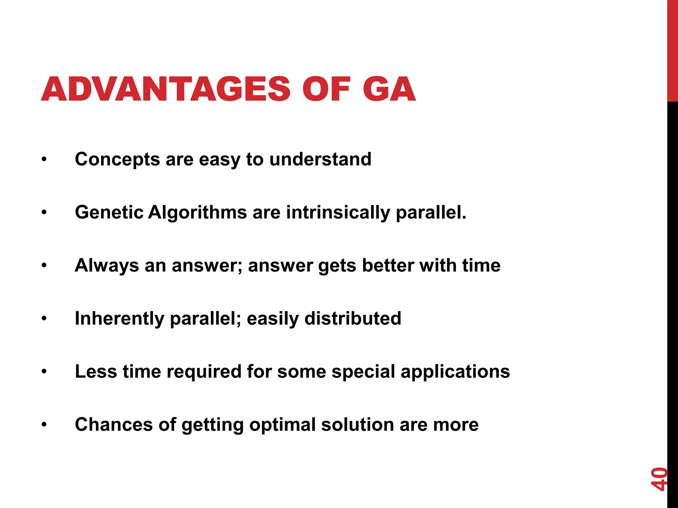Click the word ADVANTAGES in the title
coord(166,89)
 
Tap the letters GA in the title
coord(389,89)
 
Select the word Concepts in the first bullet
coord(118,159)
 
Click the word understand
coord(320,159)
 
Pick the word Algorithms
coord(197,212)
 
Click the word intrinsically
coord(338,212)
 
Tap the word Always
coord(107,266)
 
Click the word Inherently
coord(120,318)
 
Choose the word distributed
coord(353,318)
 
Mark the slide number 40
coord(658,479)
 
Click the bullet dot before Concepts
coord(44,160)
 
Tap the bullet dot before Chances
coord(44,425)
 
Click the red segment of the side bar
coord(672,50)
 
